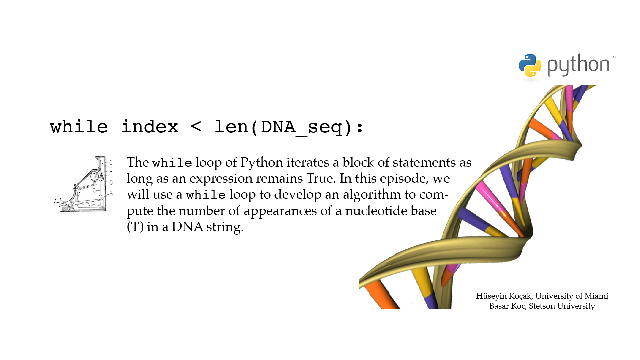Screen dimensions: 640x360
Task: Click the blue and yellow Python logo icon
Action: pos(530,65)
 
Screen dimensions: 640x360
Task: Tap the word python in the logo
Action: pos(578,65)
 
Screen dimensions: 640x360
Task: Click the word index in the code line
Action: pos(150,127)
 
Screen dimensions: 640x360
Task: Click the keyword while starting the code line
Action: pos(79,127)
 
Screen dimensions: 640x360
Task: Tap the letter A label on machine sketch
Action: pos(56,201)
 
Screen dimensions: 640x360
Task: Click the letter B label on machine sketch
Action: pos(111,194)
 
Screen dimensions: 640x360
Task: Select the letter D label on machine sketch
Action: pos(111,183)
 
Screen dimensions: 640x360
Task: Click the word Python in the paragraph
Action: pos(262,163)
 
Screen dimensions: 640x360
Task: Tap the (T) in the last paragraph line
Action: pos(135,227)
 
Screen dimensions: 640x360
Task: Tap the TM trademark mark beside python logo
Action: pos(613,57)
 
